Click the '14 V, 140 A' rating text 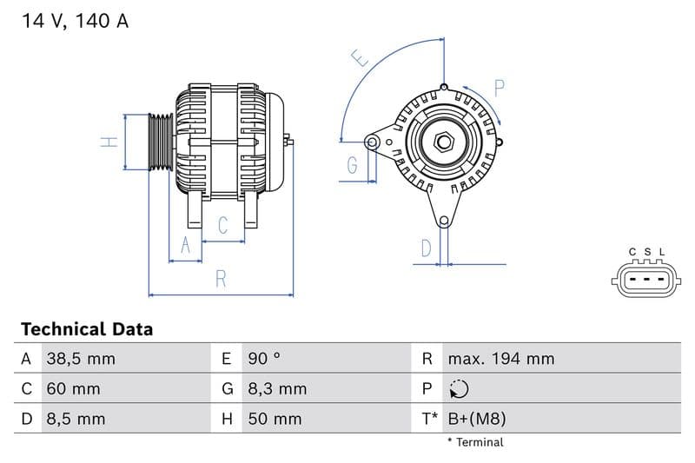[75, 22]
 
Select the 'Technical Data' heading [87, 329]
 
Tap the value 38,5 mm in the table [80, 359]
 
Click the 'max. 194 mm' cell [500, 359]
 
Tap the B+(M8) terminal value [476, 419]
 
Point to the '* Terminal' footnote [475, 442]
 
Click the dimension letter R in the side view [221, 280]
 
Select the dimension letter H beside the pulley [109, 142]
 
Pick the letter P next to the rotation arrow [500, 88]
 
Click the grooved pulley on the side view [161, 142]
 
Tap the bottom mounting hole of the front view [444, 220]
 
